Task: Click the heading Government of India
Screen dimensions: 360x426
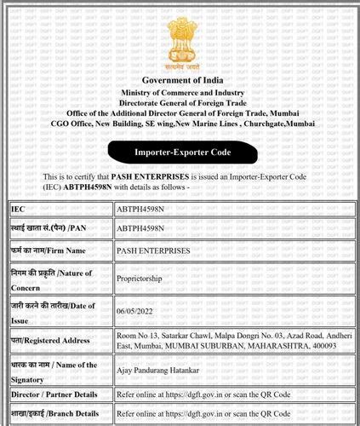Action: [x=180, y=80]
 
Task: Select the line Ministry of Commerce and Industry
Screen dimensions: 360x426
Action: [x=180, y=91]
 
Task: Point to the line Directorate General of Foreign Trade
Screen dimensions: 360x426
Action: [x=180, y=101]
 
